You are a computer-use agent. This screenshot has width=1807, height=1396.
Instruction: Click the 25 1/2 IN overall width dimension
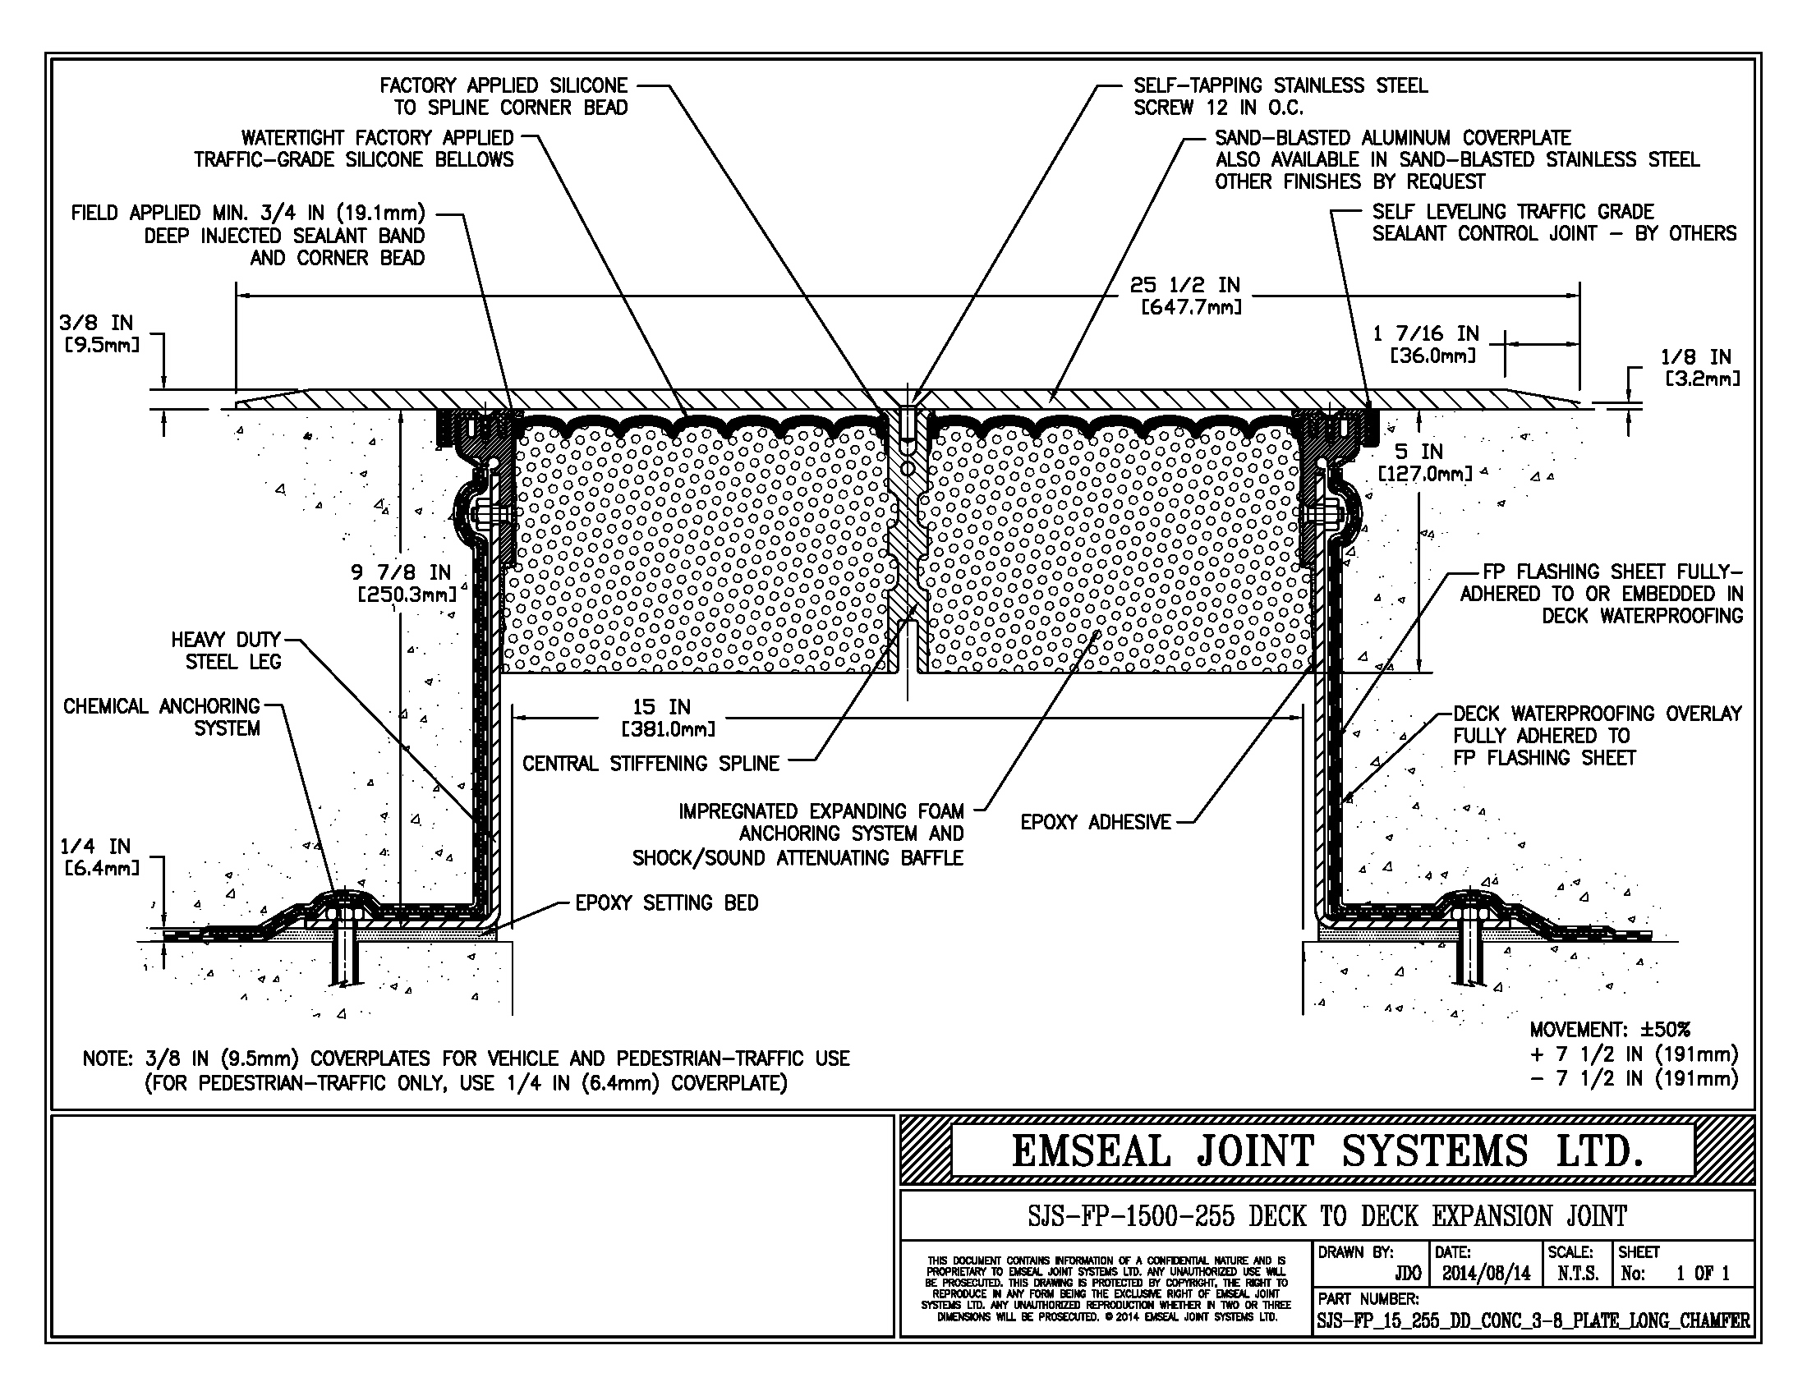click(1184, 296)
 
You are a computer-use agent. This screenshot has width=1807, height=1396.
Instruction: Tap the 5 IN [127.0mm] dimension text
click(1425, 462)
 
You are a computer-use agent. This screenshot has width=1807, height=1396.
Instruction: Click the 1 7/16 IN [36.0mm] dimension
click(1426, 344)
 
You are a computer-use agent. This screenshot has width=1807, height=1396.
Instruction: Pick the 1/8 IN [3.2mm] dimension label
click(1701, 367)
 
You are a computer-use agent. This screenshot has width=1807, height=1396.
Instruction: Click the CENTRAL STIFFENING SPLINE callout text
click(651, 764)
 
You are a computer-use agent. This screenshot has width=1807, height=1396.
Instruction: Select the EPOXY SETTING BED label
click(667, 902)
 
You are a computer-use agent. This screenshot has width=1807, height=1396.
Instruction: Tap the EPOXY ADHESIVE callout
click(1096, 822)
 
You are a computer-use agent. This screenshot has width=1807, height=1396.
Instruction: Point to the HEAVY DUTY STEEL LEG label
click(226, 651)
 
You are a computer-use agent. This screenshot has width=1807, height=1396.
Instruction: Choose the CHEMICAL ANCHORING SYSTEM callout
click(161, 717)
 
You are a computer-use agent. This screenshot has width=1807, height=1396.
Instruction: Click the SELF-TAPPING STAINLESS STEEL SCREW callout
click(1281, 96)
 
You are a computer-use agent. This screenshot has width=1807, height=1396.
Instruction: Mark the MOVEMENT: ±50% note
click(1610, 1030)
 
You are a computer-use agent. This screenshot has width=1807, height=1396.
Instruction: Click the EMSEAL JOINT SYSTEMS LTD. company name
click(1327, 1150)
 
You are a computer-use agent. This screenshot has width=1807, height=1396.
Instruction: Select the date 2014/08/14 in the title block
click(1487, 1273)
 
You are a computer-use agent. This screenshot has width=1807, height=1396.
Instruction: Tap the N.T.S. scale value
click(1578, 1273)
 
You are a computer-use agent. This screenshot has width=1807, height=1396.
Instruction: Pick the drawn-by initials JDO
click(1407, 1273)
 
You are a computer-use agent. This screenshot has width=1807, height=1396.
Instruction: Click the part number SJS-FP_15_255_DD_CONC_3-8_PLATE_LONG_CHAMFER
click(1533, 1320)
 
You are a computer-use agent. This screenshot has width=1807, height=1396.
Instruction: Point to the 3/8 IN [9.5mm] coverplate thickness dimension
click(100, 333)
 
